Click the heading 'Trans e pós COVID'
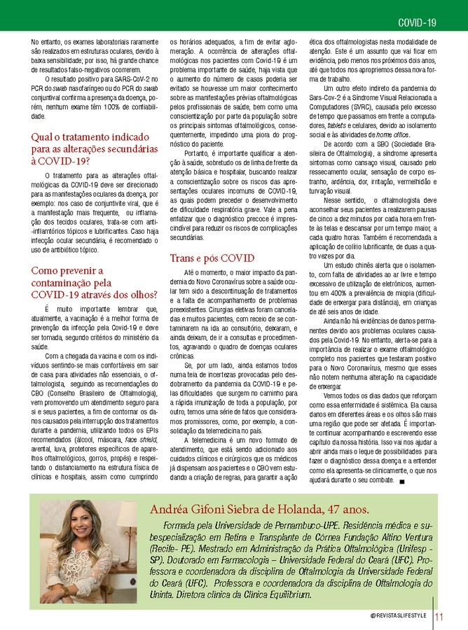pyautogui.click(x=212, y=258)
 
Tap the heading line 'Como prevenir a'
pyautogui.click(x=67, y=271)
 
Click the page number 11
pyautogui.click(x=440, y=617)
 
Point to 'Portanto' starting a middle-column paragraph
pyautogui.click(x=197, y=153)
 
